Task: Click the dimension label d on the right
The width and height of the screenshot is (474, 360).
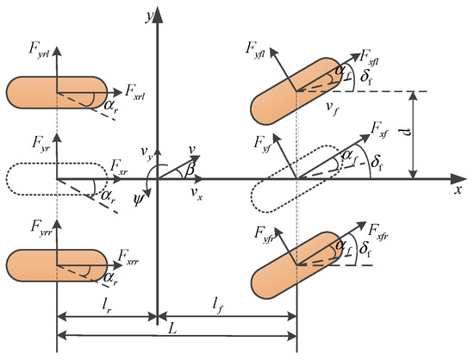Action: [429, 133]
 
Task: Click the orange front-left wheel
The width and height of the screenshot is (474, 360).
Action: [297, 90]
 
